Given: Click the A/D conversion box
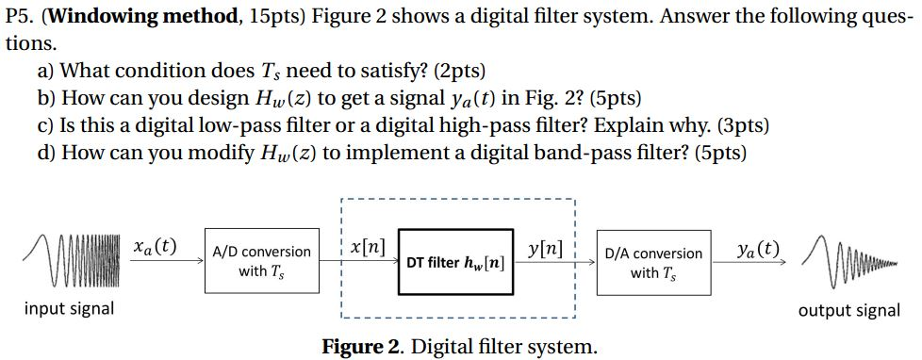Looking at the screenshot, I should click(x=261, y=261).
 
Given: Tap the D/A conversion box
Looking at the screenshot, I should click(x=653, y=262).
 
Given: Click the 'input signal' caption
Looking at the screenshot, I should click(x=69, y=308).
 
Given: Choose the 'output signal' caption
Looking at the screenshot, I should click(x=848, y=310).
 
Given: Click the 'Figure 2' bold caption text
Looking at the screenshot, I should click(x=362, y=346).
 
